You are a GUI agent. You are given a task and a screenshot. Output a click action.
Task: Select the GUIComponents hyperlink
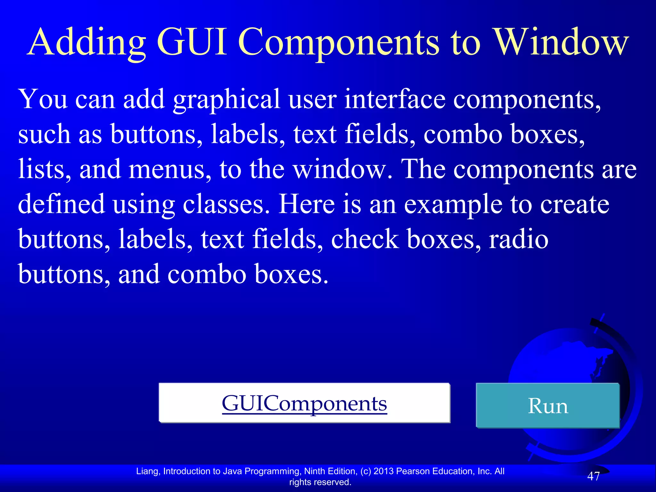pyautogui.click(x=304, y=404)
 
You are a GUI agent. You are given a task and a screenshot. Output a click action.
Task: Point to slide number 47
pyautogui.click(x=593, y=476)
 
